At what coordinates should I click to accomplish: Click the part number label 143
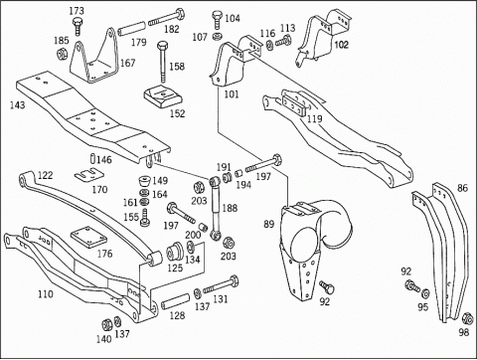coord(17,105)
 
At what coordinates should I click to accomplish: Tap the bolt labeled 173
coord(77,26)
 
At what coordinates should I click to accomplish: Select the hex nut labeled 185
coord(62,53)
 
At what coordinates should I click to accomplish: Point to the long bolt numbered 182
coord(167,18)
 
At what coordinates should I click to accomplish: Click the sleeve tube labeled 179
coord(131,29)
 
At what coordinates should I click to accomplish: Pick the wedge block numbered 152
coord(163,97)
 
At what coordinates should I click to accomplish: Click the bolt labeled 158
coord(163,62)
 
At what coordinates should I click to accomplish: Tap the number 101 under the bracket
coord(232,94)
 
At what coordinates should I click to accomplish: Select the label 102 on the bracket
coord(341,45)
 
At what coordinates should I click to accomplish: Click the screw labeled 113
coord(283,42)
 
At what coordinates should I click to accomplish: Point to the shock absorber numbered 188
coord(216,209)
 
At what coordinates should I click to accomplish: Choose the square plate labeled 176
coord(88,237)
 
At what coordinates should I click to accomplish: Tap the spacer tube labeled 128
coord(175,301)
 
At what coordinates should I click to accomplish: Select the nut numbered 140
coord(107,324)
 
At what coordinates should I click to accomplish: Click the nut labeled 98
coord(467,318)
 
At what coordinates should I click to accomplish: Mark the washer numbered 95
coord(425,293)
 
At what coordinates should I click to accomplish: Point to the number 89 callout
coord(269,224)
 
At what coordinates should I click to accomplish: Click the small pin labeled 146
coord(92,158)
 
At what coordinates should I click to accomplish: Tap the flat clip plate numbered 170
coord(88,175)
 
